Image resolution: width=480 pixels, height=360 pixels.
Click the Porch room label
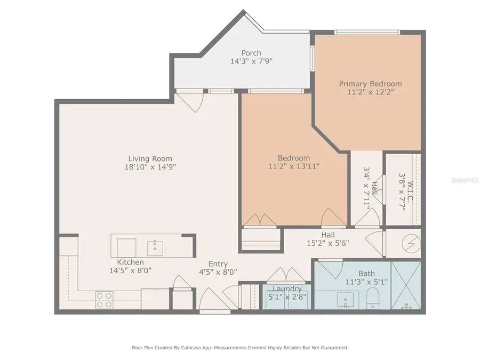coord(251,53)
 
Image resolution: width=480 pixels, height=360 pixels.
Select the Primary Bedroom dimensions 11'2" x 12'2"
coord(371,92)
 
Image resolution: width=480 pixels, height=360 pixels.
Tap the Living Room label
coord(150,158)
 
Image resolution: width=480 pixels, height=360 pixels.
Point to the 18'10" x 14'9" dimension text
coord(150,167)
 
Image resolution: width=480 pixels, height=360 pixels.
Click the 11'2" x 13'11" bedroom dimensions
coord(294,166)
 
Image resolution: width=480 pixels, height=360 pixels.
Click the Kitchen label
coord(130,262)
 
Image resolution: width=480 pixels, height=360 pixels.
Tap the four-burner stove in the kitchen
coord(104,300)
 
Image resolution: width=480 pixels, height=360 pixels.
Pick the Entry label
coord(218,263)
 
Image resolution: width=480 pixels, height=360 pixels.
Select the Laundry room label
coord(287,289)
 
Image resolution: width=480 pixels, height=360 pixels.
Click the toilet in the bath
coord(373,299)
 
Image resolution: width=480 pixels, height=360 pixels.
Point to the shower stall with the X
coord(406,285)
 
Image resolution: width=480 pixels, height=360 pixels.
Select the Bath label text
coord(366,273)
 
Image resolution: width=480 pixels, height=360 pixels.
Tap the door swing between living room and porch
coord(191,101)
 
